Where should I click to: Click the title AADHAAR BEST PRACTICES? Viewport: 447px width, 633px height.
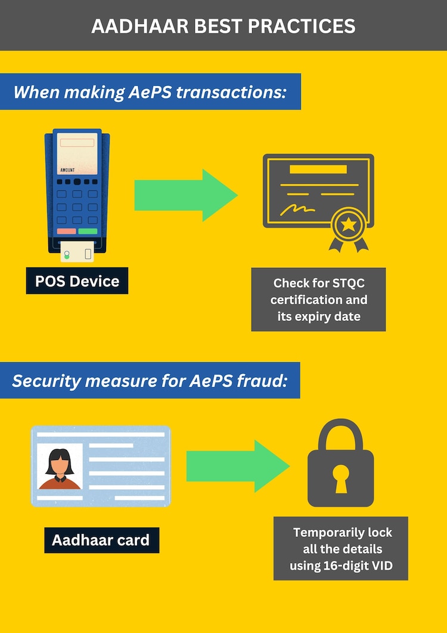point(223,26)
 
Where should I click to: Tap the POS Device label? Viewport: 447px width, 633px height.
point(77,280)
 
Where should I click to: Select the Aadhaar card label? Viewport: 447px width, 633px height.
point(101,541)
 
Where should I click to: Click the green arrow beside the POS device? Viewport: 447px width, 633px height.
point(185,195)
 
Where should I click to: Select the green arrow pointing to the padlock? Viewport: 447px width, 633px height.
point(237,465)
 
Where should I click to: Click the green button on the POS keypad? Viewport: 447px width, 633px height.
point(88,231)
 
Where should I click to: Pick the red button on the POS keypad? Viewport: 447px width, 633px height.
point(66,231)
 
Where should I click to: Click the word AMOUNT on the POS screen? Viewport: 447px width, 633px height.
point(68,170)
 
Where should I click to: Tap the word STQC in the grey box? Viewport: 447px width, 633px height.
point(346,283)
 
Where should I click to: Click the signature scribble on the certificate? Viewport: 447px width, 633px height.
point(298,209)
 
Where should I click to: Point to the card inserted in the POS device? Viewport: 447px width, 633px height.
point(77,252)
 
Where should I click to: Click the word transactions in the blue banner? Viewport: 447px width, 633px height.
point(231,92)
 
